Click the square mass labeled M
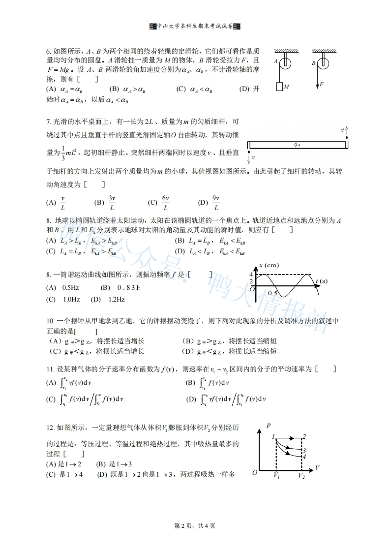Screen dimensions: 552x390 (279, 87)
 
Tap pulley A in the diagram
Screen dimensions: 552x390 (284, 63)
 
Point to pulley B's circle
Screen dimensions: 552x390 (323, 63)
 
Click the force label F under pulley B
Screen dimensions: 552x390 (322, 85)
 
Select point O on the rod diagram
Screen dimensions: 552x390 (297, 145)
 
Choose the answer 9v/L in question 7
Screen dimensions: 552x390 (215, 202)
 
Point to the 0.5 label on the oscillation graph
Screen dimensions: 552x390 (273, 293)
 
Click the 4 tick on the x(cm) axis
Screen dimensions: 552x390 (251, 274)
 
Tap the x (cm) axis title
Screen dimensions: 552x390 (268, 265)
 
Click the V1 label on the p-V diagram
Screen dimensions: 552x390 (276, 476)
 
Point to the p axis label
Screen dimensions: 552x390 (268, 424)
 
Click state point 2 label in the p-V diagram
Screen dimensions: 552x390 (304, 436)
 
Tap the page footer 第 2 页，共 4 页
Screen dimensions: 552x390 (195, 526)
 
